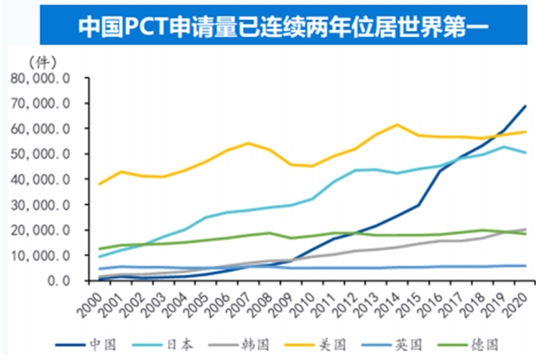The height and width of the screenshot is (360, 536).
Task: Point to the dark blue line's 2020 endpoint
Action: tap(524, 106)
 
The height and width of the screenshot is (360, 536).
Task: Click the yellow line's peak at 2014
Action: tap(398, 125)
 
